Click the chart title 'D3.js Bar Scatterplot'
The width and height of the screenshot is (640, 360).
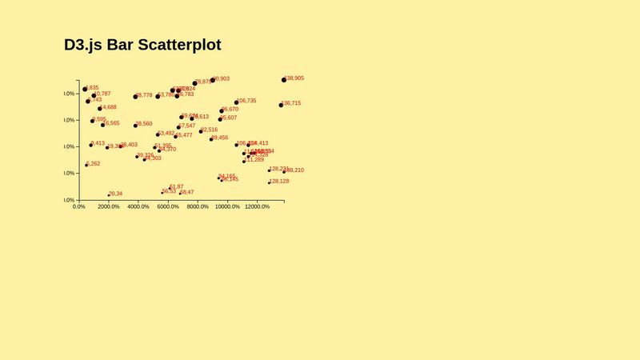142,46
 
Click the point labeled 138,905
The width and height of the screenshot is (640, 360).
284,80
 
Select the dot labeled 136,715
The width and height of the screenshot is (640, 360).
281,105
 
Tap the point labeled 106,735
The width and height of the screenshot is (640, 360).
237,102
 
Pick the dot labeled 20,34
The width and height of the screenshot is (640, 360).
109,195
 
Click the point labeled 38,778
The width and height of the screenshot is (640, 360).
135,97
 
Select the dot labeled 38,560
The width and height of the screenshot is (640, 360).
135,126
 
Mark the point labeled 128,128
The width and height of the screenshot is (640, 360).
270,183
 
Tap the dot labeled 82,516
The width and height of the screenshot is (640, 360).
201,131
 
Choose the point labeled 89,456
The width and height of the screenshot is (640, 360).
211,139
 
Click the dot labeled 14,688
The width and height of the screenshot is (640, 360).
100,109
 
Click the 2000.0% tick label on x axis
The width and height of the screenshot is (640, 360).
109,206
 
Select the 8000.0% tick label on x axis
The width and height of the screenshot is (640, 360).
198,206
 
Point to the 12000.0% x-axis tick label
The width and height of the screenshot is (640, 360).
257,206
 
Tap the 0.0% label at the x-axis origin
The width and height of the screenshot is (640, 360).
79,206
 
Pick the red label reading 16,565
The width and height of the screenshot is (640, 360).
112,123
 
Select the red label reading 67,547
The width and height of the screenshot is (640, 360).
187,126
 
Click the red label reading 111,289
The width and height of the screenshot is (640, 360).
255,160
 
